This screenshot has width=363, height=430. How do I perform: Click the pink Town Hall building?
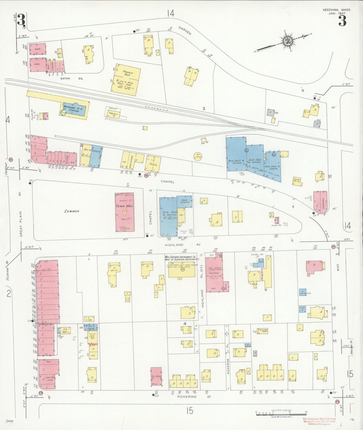click(124, 212)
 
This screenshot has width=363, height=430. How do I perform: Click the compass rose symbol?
click(287, 41)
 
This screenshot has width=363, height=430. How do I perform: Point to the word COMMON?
click(72, 211)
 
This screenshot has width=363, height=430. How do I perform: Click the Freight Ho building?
click(112, 114)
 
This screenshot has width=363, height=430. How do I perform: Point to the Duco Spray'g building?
click(185, 201)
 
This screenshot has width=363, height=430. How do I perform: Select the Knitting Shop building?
click(264, 331)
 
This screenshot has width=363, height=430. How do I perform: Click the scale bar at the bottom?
click(281, 413)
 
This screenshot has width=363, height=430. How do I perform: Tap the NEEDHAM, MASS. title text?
click(337, 10)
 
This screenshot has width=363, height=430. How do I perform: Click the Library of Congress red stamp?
click(319, 421)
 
